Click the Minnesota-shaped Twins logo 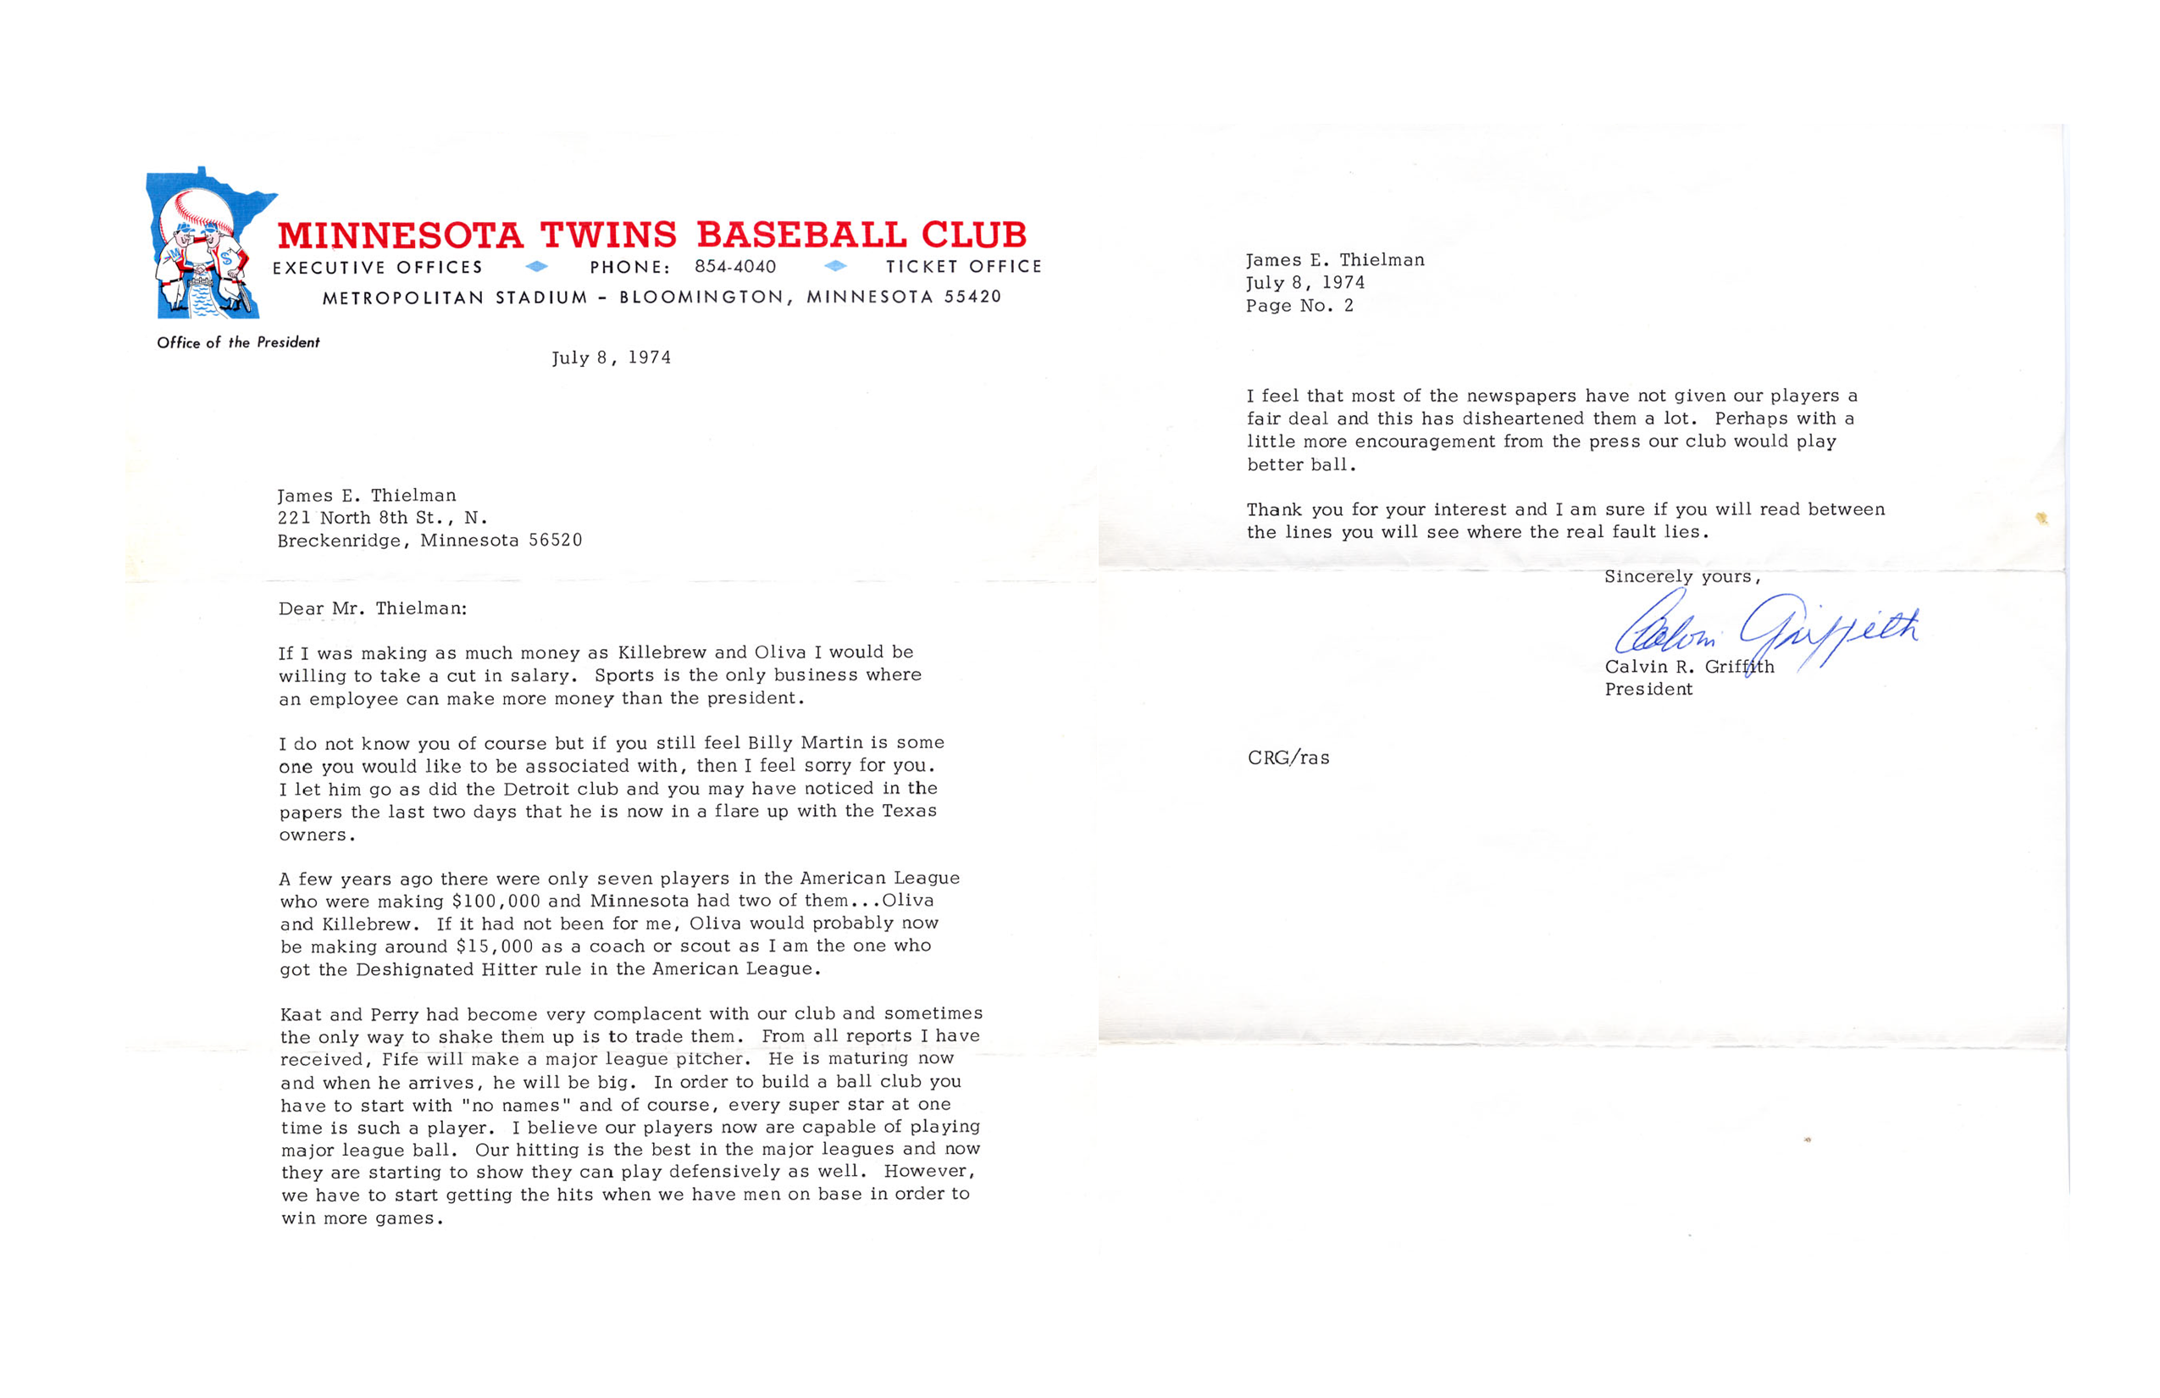point(207,243)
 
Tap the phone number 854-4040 point(735,267)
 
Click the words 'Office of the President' point(238,342)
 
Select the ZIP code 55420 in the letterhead point(972,297)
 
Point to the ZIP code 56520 point(556,541)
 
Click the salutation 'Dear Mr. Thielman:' point(372,608)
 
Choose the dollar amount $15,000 point(495,946)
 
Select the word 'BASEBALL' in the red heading point(801,236)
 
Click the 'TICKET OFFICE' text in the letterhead point(964,267)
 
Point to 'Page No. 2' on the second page point(1299,306)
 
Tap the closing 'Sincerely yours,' point(1681,576)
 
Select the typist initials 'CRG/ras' point(1288,758)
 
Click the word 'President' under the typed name point(1648,689)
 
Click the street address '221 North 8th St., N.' point(382,518)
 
